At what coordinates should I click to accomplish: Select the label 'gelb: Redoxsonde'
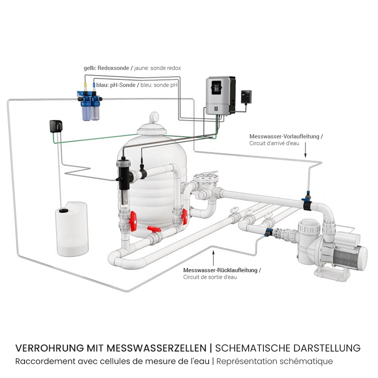[106, 68]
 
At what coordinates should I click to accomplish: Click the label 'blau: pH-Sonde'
[116, 85]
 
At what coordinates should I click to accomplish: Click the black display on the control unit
[216, 88]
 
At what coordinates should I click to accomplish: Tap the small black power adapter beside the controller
[246, 96]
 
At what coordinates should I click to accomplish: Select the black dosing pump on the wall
[56, 126]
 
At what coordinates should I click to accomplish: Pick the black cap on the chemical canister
[64, 211]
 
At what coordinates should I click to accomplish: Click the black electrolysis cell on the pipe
[124, 176]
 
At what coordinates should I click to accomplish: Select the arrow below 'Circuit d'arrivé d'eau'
[305, 150]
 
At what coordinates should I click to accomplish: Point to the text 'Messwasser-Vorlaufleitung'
[284, 136]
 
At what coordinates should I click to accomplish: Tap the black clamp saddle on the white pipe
[308, 205]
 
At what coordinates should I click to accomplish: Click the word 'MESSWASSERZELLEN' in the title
[157, 348]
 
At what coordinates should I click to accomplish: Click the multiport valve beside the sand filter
[206, 183]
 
